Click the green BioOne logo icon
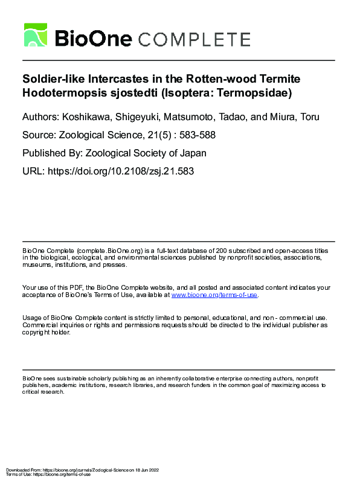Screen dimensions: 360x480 [36, 35]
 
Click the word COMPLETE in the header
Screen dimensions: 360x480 [194, 40]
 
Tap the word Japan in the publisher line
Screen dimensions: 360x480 [204, 153]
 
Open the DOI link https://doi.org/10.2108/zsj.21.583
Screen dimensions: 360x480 [120, 171]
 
